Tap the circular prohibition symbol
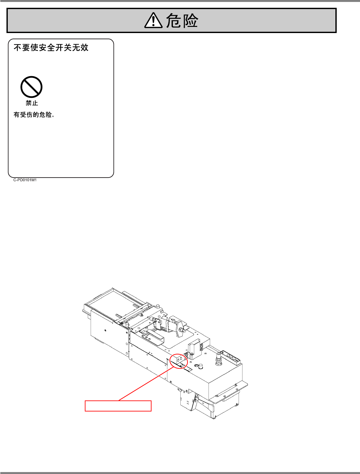31,87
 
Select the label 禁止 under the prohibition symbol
32,103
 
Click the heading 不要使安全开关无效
51,48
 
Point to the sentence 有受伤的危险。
34,115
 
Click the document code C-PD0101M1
25,180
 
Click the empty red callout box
118,406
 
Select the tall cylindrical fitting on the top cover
219,358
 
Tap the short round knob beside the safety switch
201,366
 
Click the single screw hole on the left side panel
106,330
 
